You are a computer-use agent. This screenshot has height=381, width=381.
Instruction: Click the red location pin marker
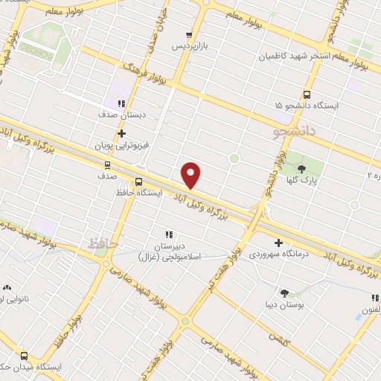191,174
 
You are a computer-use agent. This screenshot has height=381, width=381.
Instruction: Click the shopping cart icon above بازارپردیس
189,34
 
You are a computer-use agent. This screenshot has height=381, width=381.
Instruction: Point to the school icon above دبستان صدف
121,104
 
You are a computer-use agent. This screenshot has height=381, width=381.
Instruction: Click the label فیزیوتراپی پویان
118,146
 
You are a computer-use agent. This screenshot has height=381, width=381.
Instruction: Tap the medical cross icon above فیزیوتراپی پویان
121,134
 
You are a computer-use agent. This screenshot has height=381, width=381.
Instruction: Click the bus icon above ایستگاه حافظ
138,181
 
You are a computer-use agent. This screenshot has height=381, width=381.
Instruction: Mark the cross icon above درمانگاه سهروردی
279,243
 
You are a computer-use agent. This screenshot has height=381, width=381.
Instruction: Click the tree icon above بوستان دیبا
284,293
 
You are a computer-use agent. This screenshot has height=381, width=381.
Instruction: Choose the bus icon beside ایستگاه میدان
25,356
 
